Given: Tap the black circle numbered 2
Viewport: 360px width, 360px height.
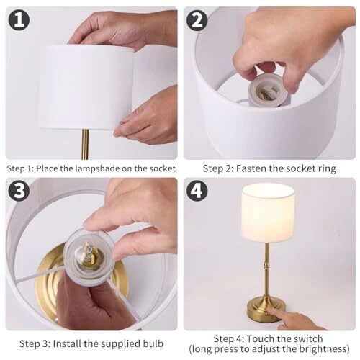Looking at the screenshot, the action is click(197, 21).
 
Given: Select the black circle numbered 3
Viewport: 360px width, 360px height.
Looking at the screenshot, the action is click(19, 191).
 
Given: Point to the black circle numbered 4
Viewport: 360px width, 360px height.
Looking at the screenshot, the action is click(197, 191).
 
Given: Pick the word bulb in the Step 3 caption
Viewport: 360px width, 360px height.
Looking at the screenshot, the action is click(153, 343).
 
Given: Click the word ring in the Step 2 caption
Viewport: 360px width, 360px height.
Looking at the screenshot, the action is click(327, 169).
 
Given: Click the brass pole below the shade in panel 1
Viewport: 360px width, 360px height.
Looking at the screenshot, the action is click(85, 144).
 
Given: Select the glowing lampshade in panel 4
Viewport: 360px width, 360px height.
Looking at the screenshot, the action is click(268, 212).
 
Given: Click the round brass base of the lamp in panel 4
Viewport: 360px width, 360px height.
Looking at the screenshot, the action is click(266, 309).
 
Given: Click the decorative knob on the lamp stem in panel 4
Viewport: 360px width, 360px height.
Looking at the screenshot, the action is click(266, 265).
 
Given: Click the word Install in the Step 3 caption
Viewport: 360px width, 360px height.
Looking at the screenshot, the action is click(67, 343).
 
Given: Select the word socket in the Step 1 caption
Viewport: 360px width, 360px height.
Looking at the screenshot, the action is click(163, 168).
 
